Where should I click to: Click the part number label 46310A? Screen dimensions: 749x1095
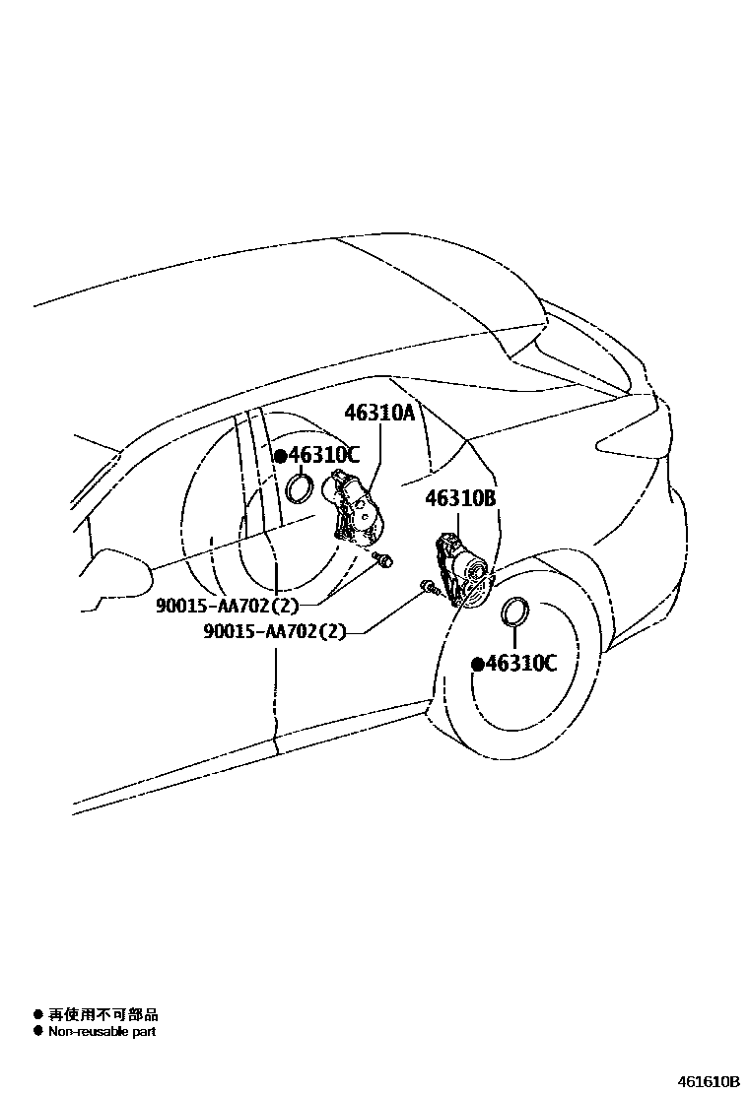(x=379, y=414)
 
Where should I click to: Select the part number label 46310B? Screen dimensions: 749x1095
(x=460, y=498)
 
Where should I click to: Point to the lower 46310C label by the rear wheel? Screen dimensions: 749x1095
(x=520, y=664)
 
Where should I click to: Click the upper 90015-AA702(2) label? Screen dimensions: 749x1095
(x=227, y=605)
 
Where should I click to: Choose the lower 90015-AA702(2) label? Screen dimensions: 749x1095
(x=275, y=631)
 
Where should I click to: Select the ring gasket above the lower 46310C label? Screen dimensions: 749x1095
(x=514, y=611)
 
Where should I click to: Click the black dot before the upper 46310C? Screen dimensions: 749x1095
(x=280, y=456)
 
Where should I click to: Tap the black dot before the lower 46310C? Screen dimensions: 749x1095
(x=477, y=665)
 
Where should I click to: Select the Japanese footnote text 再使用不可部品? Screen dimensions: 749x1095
(x=103, y=1014)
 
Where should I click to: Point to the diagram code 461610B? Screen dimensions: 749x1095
(x=707, y=1081)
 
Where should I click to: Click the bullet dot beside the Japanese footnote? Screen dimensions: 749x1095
(x=37, y=1014)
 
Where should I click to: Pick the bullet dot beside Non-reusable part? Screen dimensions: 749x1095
(x=37, y=1032)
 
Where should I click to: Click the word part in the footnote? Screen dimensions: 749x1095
(x=144, y=1032)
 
